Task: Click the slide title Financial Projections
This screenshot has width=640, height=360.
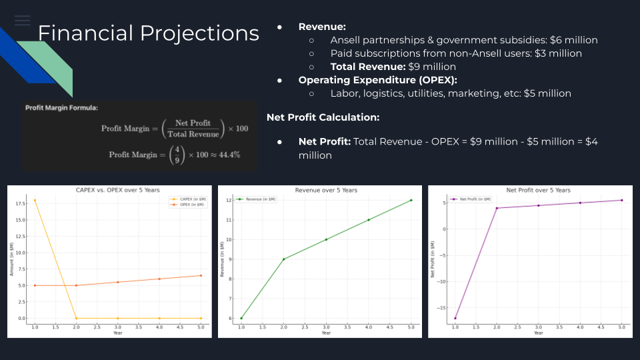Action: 148,33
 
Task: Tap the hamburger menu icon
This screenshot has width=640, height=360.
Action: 23,20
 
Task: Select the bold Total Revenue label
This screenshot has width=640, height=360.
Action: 368,67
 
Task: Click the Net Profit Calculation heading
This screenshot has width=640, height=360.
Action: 323,117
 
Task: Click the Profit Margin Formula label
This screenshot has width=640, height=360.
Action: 61,107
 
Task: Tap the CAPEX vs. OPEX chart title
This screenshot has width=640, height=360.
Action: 117,191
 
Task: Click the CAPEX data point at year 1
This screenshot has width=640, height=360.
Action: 35,200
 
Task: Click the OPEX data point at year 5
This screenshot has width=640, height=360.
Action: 201,275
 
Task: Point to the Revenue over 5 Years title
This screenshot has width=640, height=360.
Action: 325,191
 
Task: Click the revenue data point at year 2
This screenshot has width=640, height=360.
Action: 284,259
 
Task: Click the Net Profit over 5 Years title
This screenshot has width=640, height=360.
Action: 538,191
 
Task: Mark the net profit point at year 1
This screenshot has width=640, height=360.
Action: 454,318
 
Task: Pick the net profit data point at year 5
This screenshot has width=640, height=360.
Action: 621,200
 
